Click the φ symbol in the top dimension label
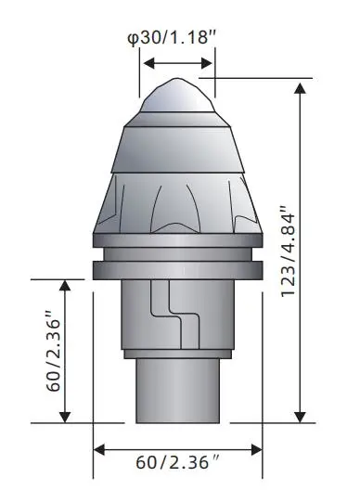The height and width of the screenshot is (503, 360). (x=134, y=39)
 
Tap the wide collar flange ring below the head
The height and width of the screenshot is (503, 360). (x=176, y=269)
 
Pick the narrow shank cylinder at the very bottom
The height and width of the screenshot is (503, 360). (x=176, y=390)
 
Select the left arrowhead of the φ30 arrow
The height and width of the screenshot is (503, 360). (x=146, y=63)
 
